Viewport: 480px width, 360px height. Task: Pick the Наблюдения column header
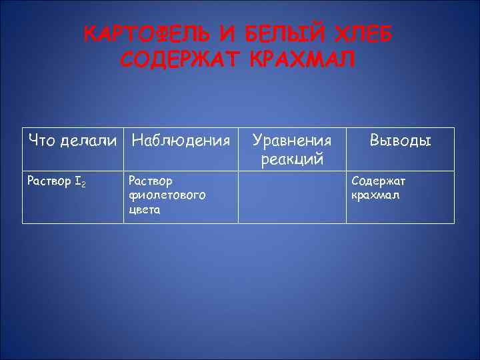point(181,141)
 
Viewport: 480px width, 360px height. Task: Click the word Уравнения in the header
point(292,141)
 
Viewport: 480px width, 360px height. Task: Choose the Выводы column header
point(401,141)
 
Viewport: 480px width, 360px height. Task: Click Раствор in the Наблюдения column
point(149,181)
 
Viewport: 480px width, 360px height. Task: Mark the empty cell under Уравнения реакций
point(292,197)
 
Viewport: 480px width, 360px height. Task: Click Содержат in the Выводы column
point(378,181)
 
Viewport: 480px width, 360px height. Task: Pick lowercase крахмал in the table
point(375,195)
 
